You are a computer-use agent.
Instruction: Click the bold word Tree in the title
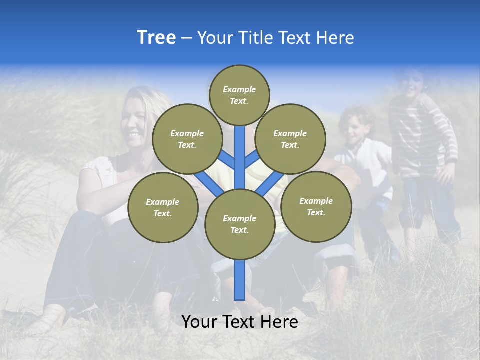coord(156,38)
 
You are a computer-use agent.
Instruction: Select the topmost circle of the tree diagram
coord(239,95)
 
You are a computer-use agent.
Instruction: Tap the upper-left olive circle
coord(187,139)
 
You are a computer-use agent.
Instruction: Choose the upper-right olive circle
coord(290,139)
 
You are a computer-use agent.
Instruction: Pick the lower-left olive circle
coord(163,207)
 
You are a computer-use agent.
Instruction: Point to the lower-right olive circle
coord(316,206)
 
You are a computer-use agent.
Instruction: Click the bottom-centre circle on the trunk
coord(240,224)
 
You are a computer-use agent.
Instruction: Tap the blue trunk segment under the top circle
coord(240,150)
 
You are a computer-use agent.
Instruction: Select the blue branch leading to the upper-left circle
coord(227,160)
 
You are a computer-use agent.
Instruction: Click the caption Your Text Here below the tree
coord(240,322)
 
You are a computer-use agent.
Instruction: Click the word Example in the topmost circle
coord(239,89)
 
